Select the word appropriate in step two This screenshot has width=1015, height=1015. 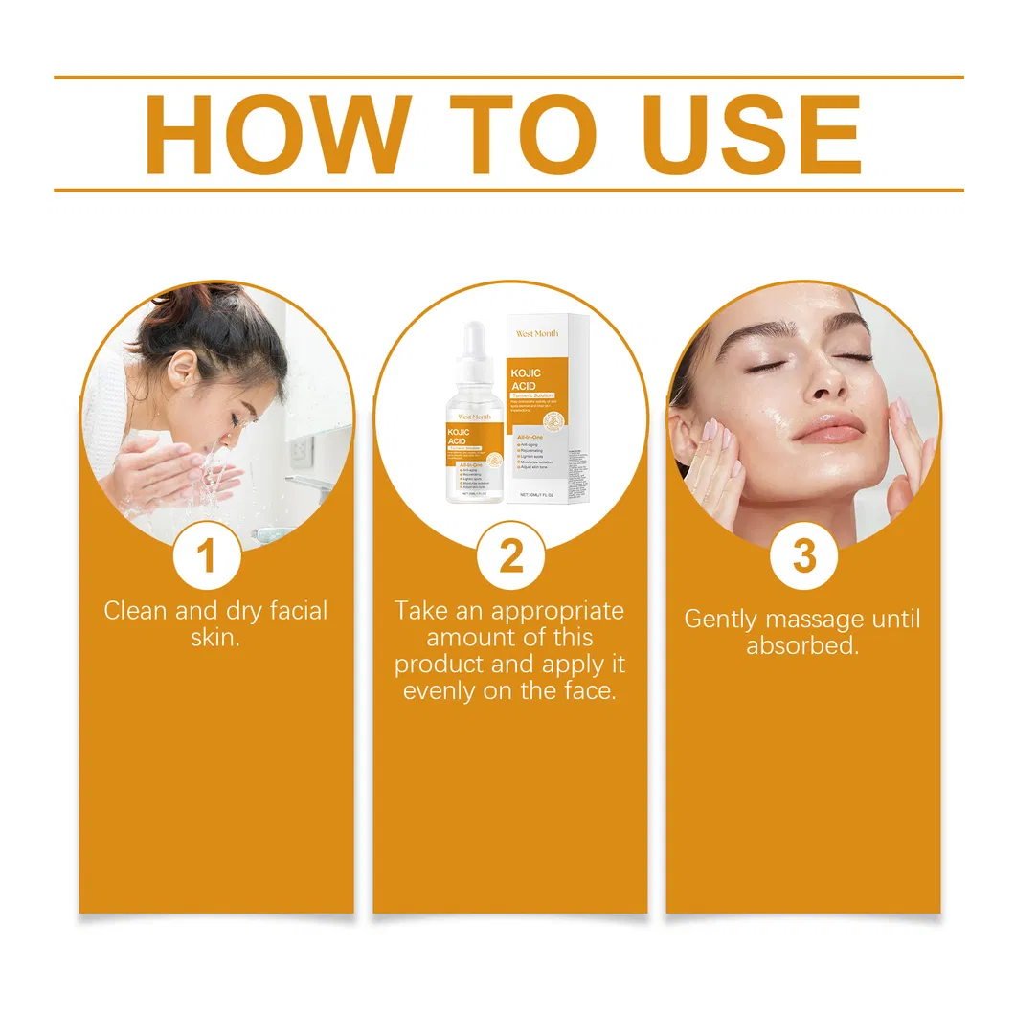tap(557, 611)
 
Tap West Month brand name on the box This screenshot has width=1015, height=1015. tap(536, 333)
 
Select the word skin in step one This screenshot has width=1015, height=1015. tap(214, 638)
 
